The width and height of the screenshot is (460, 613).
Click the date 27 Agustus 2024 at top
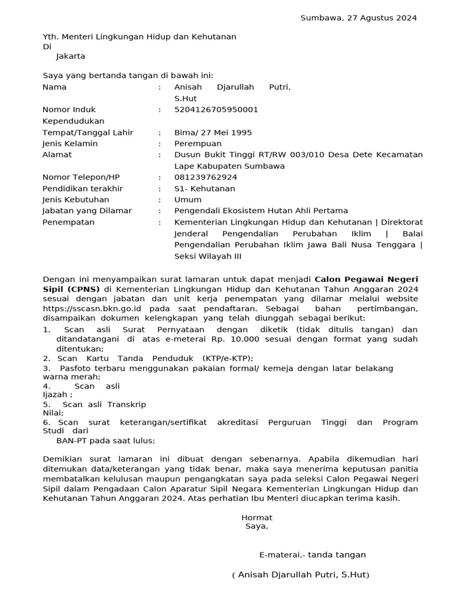coord(382,18)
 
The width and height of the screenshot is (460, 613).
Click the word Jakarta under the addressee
coord(71,56)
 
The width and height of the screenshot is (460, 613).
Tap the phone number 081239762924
coord(205,177)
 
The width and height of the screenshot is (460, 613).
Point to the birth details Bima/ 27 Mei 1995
coord(213,132)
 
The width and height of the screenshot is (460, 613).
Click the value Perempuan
coord(198,144)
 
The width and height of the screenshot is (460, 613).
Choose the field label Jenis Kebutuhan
coord(75,199)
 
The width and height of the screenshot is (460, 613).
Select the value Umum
coord(188,199)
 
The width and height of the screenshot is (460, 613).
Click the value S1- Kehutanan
coord(204,189)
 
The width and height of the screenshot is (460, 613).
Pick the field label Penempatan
coord(68,222)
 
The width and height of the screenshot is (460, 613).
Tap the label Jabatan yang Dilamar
coord(87,211)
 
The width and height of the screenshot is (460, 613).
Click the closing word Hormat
coord(256,517)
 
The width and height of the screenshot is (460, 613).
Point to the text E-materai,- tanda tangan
coord(312,555)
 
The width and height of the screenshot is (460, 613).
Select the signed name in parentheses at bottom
coord(301,575)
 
